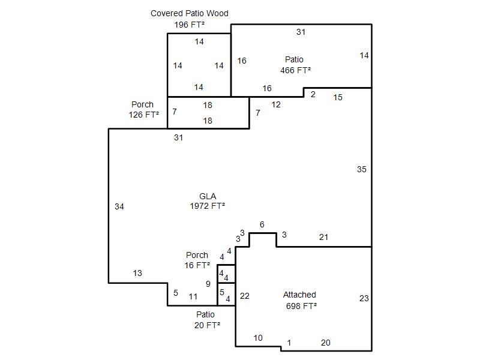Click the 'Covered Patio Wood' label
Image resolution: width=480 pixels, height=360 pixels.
click(x=189, y=13)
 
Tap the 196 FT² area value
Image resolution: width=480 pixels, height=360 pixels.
click(x=189, y=25)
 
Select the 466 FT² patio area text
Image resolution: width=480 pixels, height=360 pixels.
click(x=295, y=70)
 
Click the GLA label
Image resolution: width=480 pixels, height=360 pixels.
click(x=208, y=196)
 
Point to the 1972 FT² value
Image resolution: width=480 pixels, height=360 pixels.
click(x=208, y=206)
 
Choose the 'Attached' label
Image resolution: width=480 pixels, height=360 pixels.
click(x=299, y=295)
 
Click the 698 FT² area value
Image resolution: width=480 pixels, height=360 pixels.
click(x=301, y=305)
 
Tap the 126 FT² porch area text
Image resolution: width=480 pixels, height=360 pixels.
click(x=143, y=115)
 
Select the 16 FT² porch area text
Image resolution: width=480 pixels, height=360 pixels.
click(x=197, y=265)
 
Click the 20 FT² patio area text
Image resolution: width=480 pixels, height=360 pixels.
click(x=207, y=325)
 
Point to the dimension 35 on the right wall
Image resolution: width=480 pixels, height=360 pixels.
click(x=361, y=169)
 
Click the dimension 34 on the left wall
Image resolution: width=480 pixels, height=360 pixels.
click(x=119, y=206)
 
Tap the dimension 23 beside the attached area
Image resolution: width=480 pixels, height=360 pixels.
click(x=364, y=298)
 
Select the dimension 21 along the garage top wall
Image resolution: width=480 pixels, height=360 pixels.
click(x=323, y=238)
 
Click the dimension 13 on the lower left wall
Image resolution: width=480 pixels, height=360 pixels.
click(x=137, y=273)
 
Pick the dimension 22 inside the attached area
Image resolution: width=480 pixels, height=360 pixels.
click(x=244, y=296)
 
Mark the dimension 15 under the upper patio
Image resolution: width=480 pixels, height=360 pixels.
click(x=338, y=97)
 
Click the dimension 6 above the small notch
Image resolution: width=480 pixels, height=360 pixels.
click(x=262, y=224)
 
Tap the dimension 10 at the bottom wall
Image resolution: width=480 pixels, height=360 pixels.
click(x=258, y=338)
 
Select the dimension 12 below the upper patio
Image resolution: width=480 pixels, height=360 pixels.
click(x=276, y=104)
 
